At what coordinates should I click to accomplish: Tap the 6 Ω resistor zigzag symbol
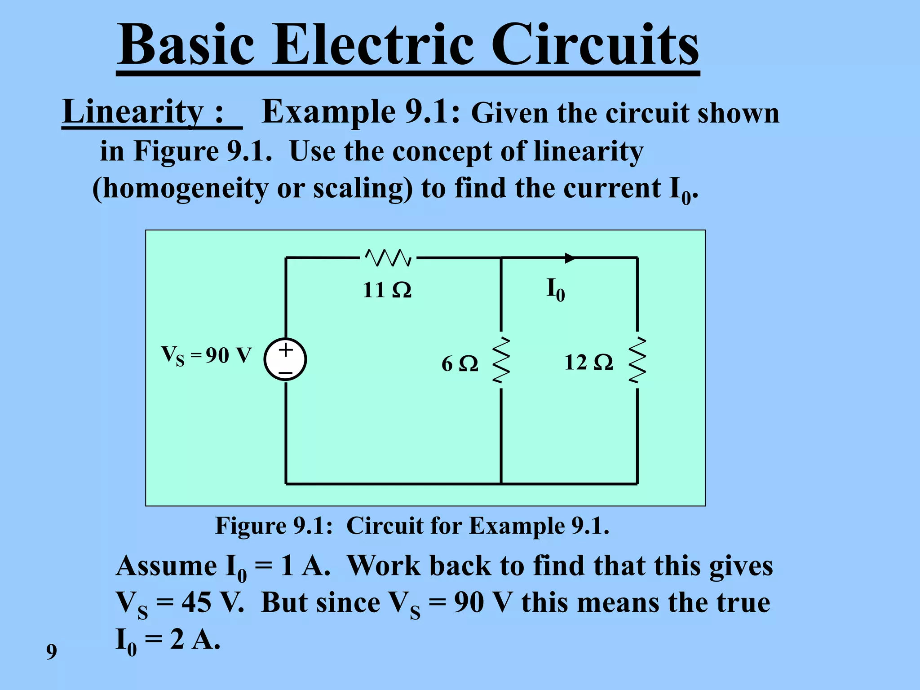tap(501, 360)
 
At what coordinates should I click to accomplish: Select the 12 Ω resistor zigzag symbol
tap(637, 360)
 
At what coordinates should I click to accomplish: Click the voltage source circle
tap(285, 359)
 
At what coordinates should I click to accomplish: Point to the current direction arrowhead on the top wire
tap(570, 258)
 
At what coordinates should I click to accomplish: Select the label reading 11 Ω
tap(387, 290)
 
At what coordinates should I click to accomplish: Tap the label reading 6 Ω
tap(460, 363)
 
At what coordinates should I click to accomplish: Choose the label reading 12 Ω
tap(588, 362)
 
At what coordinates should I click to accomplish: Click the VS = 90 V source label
tap(206, 355)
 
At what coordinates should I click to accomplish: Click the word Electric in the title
tap(373, 45)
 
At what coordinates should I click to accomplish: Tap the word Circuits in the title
tap(595, 45)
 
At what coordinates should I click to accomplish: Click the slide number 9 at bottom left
tap(52, 651)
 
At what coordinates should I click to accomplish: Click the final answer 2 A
tap(195, 639)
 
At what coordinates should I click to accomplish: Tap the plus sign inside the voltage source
tap(286, 349)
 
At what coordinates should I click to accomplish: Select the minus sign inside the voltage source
tap(285, 373)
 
